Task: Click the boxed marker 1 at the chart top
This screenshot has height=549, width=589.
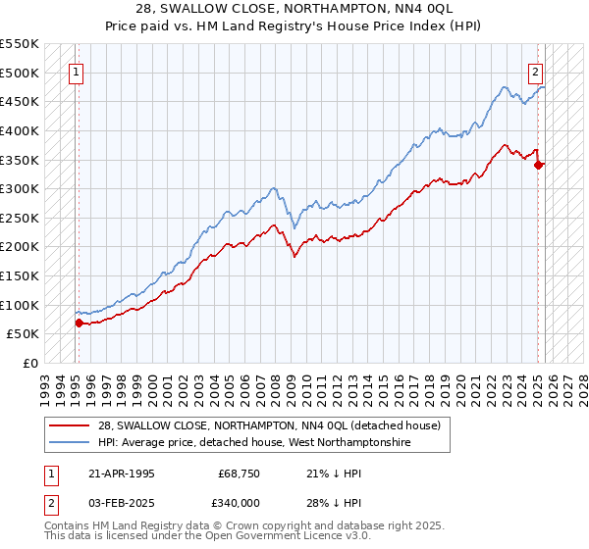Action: (x=77, y=71)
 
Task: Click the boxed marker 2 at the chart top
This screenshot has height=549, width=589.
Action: (x=536, y=71)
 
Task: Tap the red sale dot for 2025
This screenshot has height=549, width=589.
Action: (x=539, y=165)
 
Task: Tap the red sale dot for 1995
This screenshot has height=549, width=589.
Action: (x=78, y=322)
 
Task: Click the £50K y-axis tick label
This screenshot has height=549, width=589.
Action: (x=24, y=333)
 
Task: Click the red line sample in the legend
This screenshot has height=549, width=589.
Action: (x=68, y=425)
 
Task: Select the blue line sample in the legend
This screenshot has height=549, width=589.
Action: (x=68, y=442)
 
